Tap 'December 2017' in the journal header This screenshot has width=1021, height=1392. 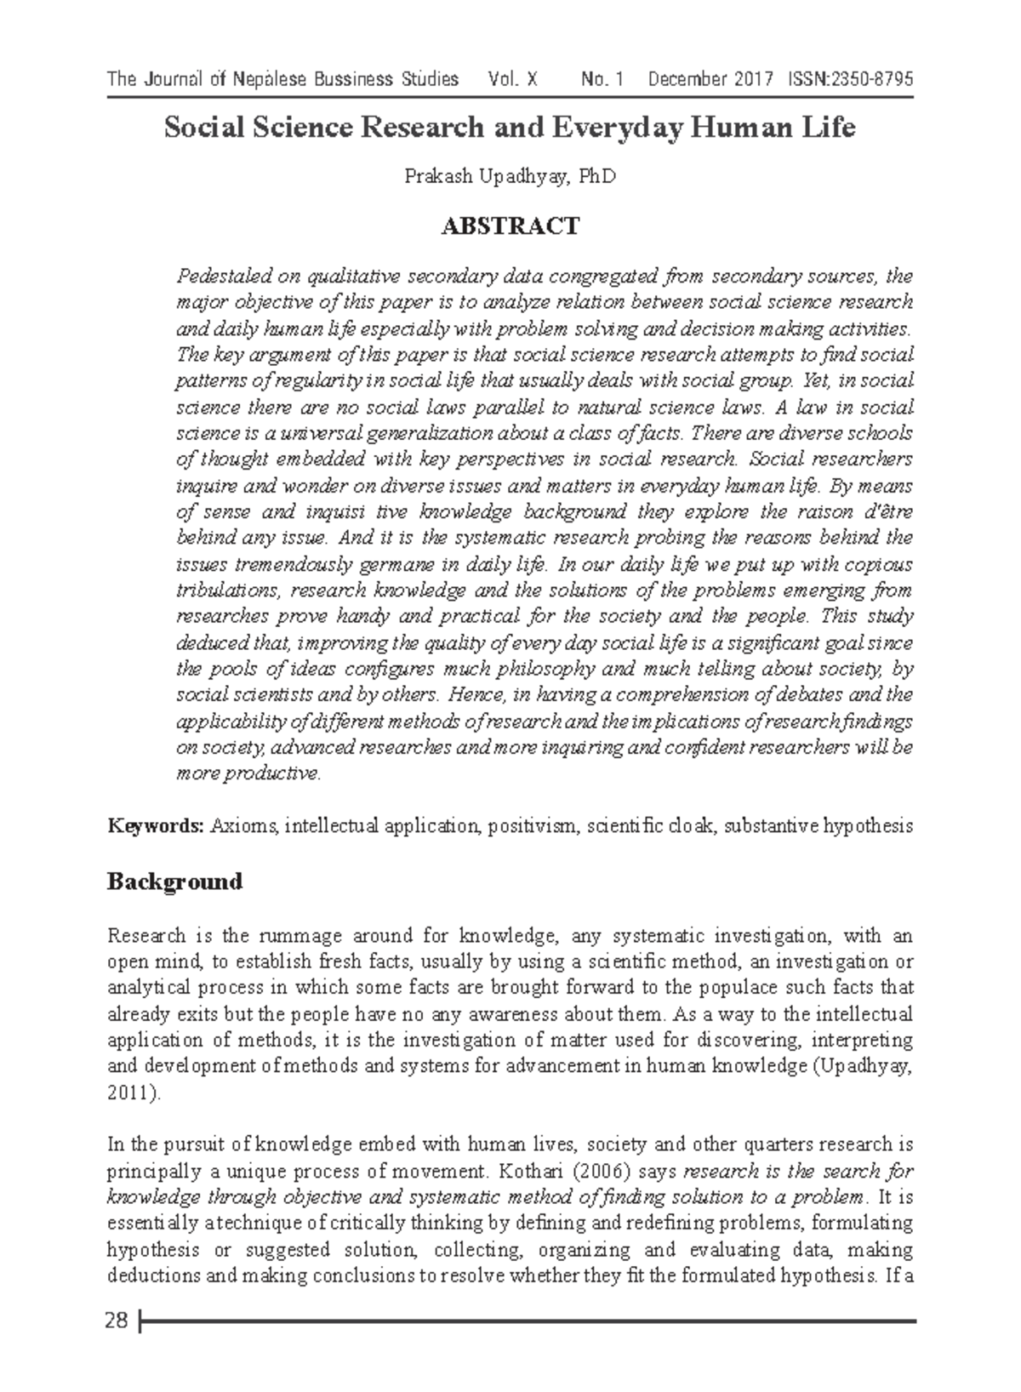[x=710, y=80]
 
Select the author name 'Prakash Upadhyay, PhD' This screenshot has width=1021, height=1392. [x=510, y=177]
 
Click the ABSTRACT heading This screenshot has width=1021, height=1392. [x=510, y=226]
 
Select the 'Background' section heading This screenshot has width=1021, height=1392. [x=174, y=881]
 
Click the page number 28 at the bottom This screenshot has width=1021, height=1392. [x=117, y=1321]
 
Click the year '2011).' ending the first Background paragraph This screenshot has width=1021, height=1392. [x=133, y=1093]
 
